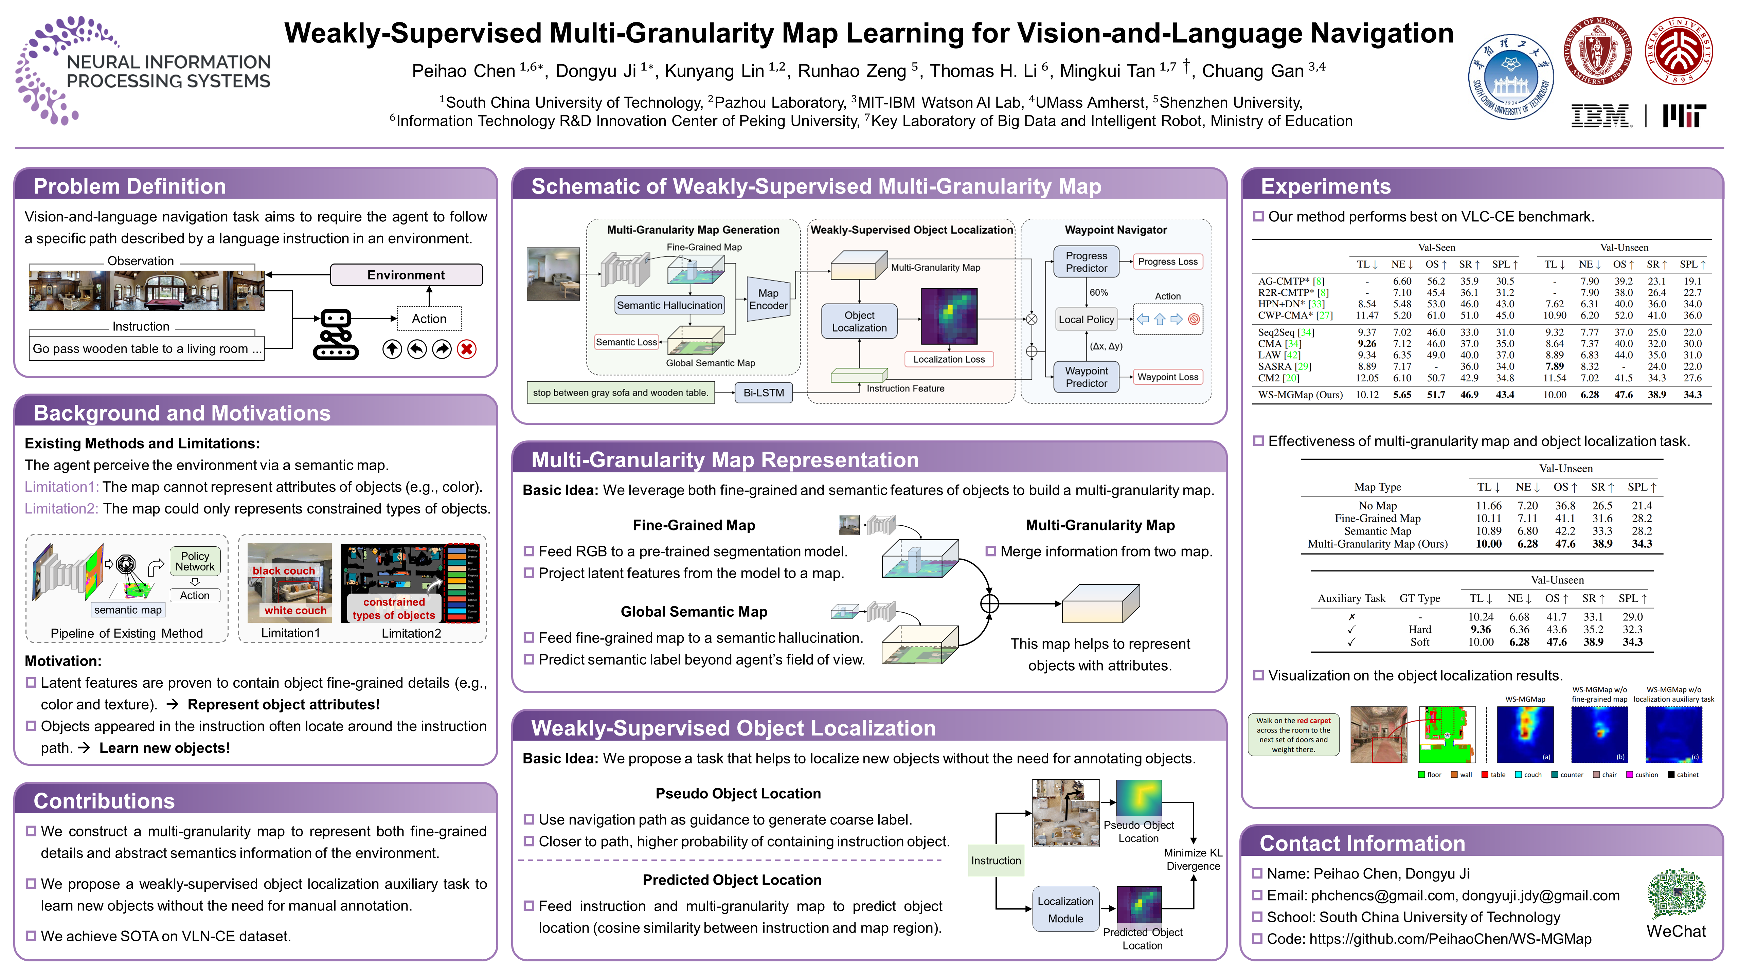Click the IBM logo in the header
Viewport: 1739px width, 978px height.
[x=1600, y=116]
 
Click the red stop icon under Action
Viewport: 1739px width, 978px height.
[x=466, y=349]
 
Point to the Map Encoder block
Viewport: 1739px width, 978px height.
[x=768, y=299]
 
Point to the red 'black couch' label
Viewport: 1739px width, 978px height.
[x=284, y=571]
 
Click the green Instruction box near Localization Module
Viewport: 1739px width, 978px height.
[x=996, y=861]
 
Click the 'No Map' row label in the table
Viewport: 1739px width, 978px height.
[x=1377, y=506]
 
